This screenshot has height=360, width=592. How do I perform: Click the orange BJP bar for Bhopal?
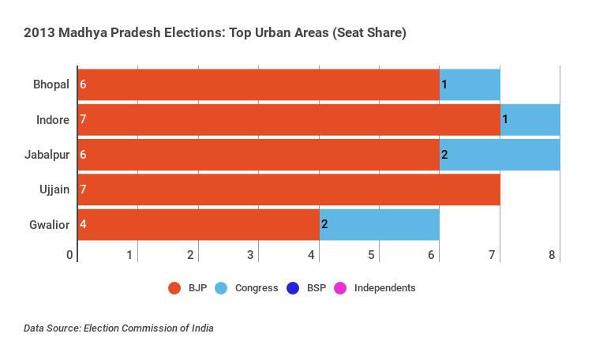258,84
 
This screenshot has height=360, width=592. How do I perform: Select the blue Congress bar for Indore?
530,119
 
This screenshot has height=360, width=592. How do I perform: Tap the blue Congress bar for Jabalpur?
500,155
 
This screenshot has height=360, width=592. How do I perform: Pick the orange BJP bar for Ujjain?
289,189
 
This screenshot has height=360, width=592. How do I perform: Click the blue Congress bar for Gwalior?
379,224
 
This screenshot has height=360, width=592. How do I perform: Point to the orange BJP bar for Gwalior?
198,224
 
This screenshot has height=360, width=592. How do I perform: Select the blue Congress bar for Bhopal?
470,84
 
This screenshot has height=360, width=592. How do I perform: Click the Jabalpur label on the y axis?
47,155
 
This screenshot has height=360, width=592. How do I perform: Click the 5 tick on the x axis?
372,255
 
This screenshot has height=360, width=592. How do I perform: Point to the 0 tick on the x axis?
70,255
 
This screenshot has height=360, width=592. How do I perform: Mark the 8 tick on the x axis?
553,255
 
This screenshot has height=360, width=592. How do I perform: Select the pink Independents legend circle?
341,288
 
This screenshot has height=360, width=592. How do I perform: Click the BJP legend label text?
197,288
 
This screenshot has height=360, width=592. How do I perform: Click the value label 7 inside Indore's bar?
83,120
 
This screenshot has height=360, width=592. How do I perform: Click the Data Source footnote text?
118,328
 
